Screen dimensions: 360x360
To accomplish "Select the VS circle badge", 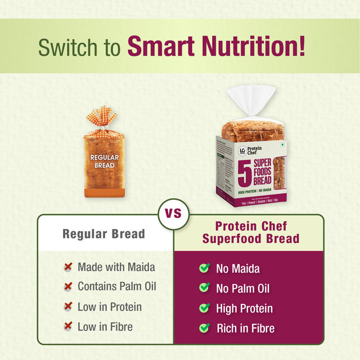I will click(x=173, y=214).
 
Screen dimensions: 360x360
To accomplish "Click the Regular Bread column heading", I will click(x=103, y=233).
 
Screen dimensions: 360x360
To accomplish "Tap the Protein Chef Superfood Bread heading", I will click(x=251, y=232).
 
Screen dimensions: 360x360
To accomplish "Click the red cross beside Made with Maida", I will click(x=68, y=267).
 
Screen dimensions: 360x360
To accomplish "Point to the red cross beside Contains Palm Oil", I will click(x=68, y=287).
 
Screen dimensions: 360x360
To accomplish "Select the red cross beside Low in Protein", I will click(x=68, y=307).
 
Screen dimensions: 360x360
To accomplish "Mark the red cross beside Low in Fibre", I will click(x=68, y=327).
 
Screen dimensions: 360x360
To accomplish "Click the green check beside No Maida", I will click(x=205, y=268).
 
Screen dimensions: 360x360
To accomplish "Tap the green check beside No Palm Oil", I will click(x=205, y=289).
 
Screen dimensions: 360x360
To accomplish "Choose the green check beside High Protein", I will click(x=205, y=308).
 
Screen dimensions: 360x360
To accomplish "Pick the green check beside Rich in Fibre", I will click(x=205, y=328).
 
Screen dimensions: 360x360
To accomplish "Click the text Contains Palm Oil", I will click(x=117, y=286).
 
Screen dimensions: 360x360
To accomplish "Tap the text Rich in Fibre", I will click(x=246, y=328).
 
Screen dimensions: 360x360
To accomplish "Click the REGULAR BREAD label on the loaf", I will click(x=104, y=162).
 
